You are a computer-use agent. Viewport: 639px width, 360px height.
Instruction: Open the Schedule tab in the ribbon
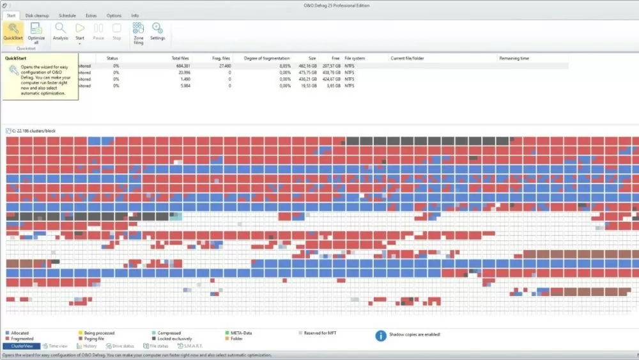67,15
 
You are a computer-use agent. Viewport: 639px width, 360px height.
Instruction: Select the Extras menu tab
91,15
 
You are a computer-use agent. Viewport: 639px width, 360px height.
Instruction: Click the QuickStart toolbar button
13,31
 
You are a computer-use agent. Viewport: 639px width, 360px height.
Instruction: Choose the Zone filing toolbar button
138,33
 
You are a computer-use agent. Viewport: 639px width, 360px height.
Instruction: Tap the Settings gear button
157,31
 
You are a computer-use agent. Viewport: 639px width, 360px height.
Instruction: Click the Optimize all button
36,33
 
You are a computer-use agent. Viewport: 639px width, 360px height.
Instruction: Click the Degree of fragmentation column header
262,58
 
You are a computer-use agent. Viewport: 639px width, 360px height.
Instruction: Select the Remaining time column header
514,58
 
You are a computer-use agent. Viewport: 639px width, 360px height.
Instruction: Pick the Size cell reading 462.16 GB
306,66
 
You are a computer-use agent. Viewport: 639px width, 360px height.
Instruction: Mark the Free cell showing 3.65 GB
331,86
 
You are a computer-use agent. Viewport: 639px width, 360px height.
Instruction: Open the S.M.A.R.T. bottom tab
190,346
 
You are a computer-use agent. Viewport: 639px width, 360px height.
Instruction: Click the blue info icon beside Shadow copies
381,335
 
